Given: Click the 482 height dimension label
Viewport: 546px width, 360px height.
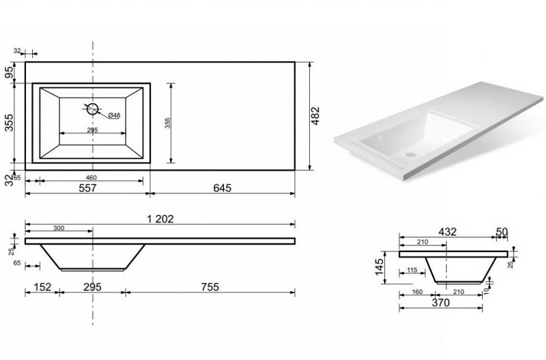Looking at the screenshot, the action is (x=315, y=115).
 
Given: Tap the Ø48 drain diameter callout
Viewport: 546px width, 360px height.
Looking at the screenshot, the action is (x=114, y=115).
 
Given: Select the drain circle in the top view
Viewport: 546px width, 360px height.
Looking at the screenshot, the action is (x=93, y=109).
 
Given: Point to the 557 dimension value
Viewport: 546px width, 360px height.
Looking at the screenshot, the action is (x=87, y=188).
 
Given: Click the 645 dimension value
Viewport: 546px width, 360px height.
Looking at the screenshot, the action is (x=222, y=188).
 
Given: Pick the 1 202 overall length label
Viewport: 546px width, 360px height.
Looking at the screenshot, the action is (x=160, y=219).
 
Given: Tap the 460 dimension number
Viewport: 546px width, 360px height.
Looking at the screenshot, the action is (x=91, y=178).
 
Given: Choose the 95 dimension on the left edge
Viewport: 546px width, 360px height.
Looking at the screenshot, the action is (x=10, y=72).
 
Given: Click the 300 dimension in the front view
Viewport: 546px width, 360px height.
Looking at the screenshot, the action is (x=59, y=228).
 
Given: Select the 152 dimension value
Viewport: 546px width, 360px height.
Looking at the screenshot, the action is (x=42, y=287).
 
